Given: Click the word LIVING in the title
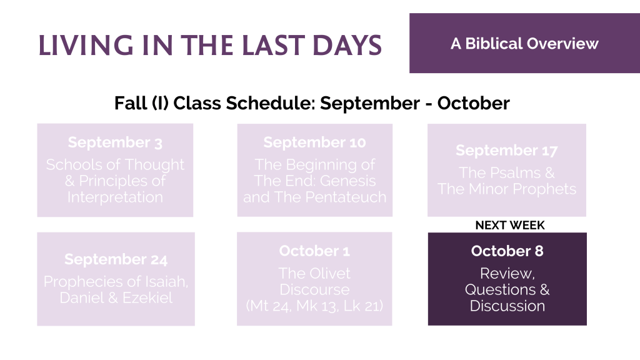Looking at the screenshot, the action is (x=86, y=45).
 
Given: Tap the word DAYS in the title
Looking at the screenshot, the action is (x=347, y=45).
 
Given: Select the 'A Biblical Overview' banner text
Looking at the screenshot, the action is (x=524, y=44).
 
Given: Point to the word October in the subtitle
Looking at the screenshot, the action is (x=474, y=103).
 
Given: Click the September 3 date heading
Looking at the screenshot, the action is (x=115, y=142).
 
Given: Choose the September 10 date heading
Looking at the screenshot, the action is (x=315, y=142).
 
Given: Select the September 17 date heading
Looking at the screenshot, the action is (x=506, y=151).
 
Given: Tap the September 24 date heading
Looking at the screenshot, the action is (x=116, y=259).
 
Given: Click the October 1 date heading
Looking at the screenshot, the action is (x=315, y=251).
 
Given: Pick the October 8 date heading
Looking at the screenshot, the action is (x=507, y=251).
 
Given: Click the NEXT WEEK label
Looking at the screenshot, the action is (x=510, y=225).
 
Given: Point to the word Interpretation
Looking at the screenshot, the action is (x=115, y=197).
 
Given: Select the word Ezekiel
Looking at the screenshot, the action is (x=147, y=297).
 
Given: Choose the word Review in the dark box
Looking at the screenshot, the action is (x=507, y=274).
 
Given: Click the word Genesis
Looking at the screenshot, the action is (x=348, y=181).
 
